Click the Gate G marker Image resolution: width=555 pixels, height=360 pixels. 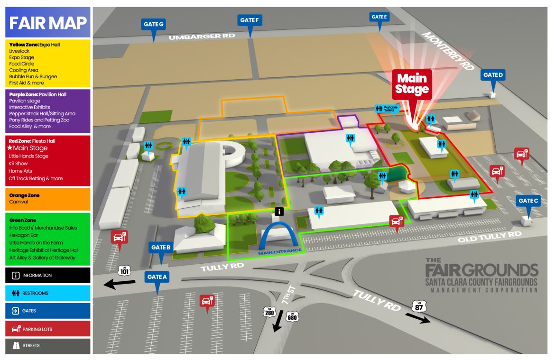(x=154, y=25)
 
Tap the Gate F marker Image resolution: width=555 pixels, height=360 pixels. (x=250, y=20)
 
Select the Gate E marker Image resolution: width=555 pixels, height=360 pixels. (x=379, y=18)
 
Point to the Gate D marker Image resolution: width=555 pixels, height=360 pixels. (x=493, y=75)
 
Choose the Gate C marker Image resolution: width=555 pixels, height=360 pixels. (x=528, y=201)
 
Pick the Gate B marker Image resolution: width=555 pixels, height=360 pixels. (x=161, y=248)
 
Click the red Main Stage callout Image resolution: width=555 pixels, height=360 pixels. (x=412, y=84)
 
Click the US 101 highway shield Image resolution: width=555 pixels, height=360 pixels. (x=124, y=270)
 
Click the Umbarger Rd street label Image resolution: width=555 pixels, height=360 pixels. (x=196, y=37)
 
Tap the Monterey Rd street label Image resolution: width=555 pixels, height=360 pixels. (x=448, y=51)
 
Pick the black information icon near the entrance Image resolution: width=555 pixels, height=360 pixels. (x=280, y=212)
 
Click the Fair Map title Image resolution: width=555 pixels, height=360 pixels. (x=48, y=22)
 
